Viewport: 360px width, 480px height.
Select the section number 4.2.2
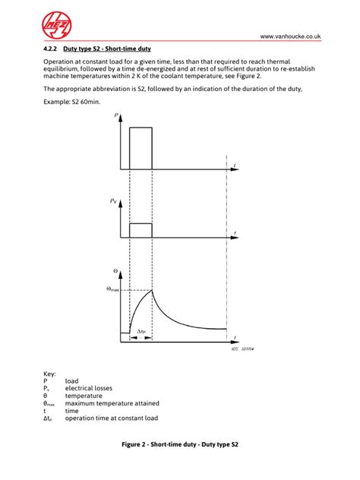click(x=52, y=49)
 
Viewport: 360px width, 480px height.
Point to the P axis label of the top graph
click(x=115, y=115)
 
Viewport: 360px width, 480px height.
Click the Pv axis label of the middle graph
click(x=113, y=201)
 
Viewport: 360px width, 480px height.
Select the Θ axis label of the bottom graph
click(x=115, y=270)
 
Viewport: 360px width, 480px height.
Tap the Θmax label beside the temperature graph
click(x=112, y=289)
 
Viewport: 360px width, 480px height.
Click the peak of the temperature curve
click(x=153, y=289)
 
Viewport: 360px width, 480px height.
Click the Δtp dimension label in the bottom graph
click(x=141, y=331)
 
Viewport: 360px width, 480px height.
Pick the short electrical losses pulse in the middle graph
click(x=141, y=230)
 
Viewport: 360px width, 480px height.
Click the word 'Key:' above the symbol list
click(x=50, y=373)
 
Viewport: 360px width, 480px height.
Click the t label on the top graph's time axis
click(x=235, y=166)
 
